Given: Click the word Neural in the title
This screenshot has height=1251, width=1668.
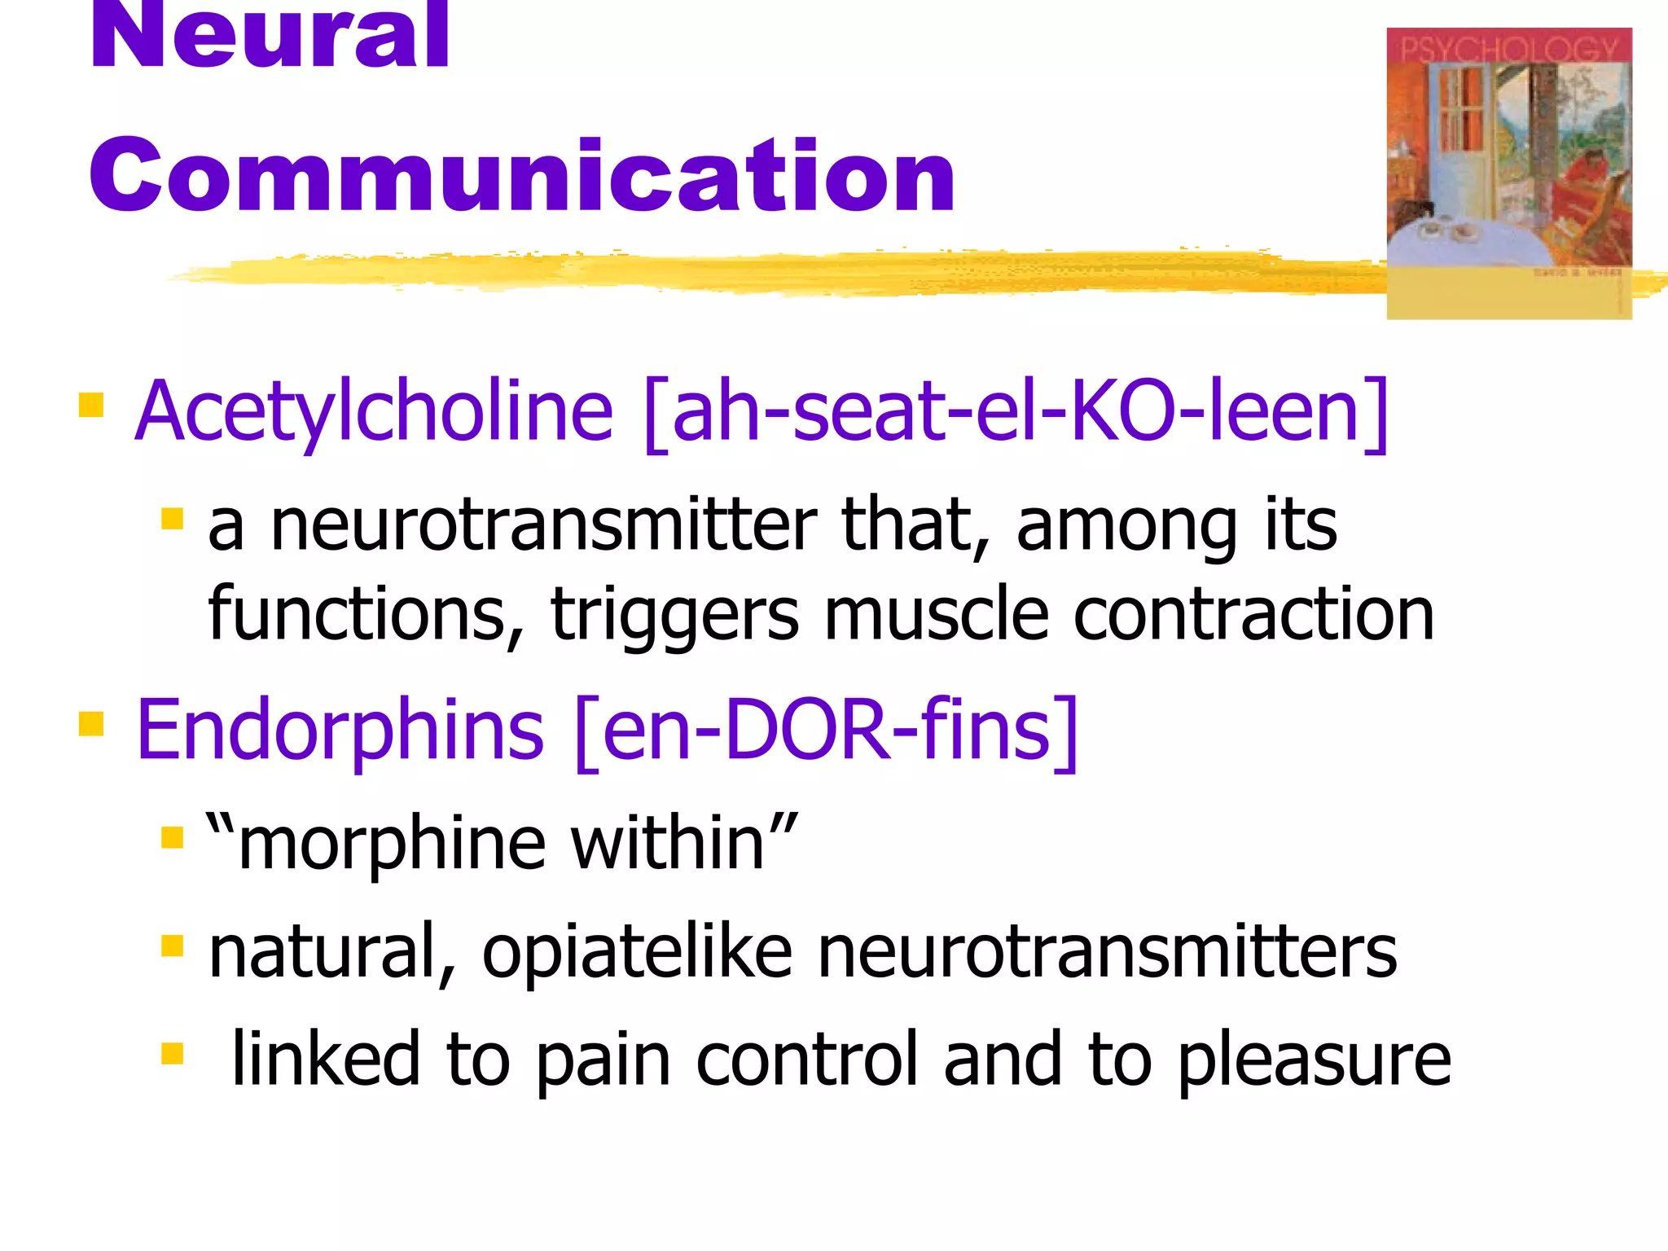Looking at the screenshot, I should pyautogui.click(x=269, y=37).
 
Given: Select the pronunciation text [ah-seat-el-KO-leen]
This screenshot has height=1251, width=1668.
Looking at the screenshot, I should pyautogui.click(x=1015, y=413).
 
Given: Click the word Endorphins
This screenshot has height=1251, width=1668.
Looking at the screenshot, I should pyautogui.click(x=340, y=731).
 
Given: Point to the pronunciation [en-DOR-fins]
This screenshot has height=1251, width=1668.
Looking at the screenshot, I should pyautogui.click(x=826, y=731).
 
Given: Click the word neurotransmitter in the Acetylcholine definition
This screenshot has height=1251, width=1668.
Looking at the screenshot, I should pyautogui.click(x=542, y=525).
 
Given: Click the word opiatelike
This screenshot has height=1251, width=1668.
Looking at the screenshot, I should pyautogui.click(x=637, y=953).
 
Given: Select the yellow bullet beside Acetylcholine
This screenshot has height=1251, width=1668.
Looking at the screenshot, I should pyautogui.click(x=91, y=405).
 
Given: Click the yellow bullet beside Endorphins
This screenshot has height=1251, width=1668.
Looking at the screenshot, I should pyautogui.click(x=91, y=723).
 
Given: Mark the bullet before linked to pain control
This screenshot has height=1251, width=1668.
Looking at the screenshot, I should pyautogui.click(x=173, y=1053).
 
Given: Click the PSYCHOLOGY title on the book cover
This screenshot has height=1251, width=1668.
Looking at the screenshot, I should pyautogui.click(x=1508, y=49).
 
